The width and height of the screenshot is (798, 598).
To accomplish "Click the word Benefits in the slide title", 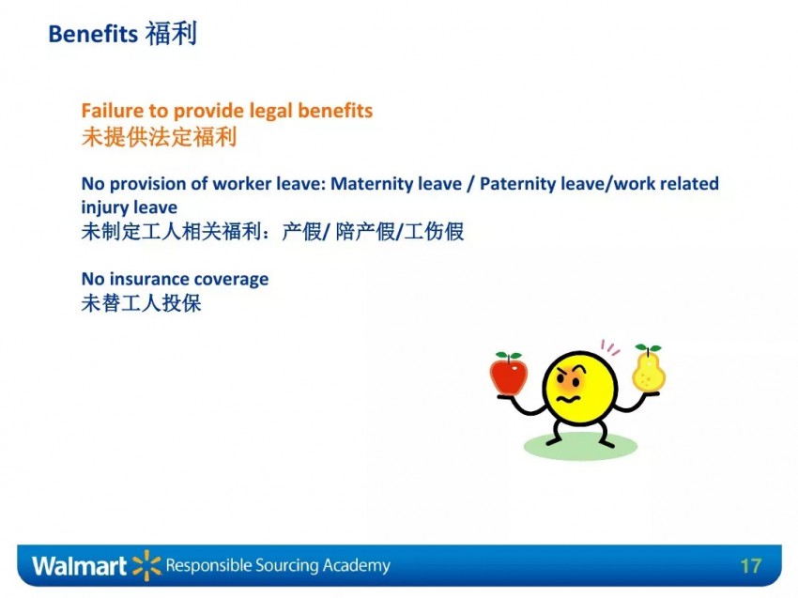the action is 93,34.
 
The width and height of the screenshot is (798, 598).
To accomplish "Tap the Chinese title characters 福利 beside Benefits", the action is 172,34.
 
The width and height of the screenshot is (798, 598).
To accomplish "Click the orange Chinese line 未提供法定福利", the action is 160,137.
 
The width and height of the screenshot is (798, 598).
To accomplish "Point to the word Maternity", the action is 396,184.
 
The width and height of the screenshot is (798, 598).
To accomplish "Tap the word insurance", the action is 148,279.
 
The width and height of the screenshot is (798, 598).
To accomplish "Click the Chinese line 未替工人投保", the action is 142,303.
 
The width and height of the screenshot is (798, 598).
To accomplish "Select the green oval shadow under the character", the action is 580,446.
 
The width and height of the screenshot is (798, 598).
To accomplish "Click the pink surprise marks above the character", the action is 609,347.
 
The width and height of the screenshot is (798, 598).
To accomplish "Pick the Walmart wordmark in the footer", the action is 79,566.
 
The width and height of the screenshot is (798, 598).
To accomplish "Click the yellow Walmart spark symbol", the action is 146,565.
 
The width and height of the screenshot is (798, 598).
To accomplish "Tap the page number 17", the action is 751,566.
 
